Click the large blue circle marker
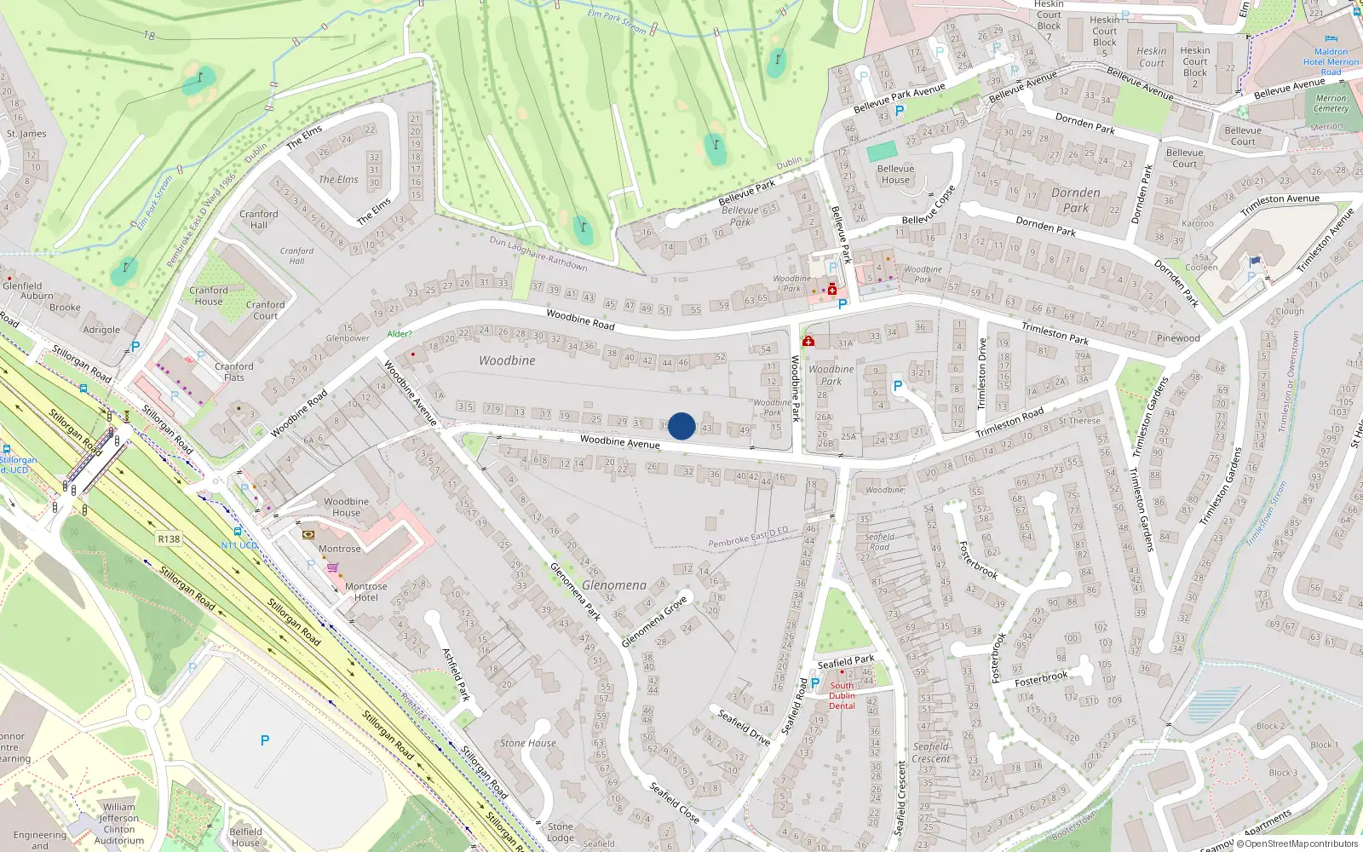click(x=681, y=426)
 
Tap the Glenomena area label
click(x=614, y=585)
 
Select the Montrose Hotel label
click(x=365, y=592)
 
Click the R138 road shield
click(x=169, y=539)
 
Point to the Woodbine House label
click(x=346, y=507)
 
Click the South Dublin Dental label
click(x=842, y=695)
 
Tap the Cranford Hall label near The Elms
click(x=259, y=220)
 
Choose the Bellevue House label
click(x=895, y=174)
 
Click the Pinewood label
click(x=1178, y=338)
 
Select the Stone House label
click(x=528, y=743)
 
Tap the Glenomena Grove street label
click(x=654, y=622)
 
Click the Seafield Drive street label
click(x=744, y=727)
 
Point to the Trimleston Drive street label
click(x=981, y=373)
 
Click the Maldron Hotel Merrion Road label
click(x=1331, y=61)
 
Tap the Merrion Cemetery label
click(x=1331, y=103)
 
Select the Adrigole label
click(x=101, y=330)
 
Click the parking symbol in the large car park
click(x=265, y=740)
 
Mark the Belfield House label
click(x=245, y=837)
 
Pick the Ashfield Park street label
click(x=456, y=674)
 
